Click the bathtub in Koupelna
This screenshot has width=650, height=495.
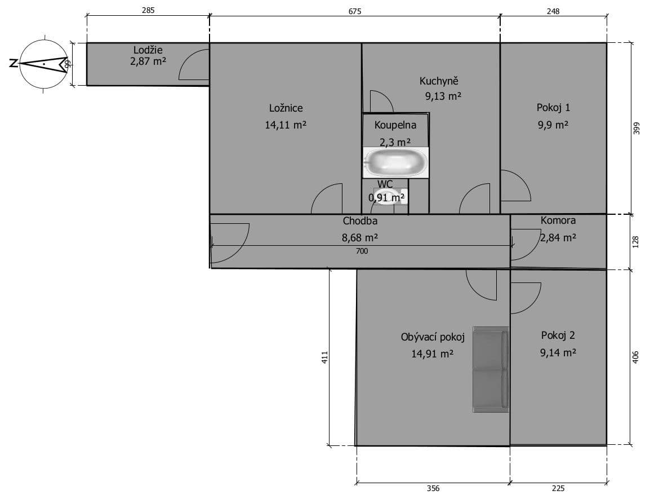click(x=395, y=162)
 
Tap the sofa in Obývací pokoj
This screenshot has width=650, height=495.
click(x=491, y=369)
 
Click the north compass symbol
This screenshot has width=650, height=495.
click(x=43, y=64)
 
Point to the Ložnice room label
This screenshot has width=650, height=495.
click(x=286, y=108)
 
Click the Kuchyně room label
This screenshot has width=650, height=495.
click(x=439, y=81)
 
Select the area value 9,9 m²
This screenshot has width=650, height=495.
click(x=553, y=125)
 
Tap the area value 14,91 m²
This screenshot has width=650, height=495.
click(x=432, y=354)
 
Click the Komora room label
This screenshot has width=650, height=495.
click(x=558, y=220)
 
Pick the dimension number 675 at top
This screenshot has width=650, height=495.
click(x=354, y=11)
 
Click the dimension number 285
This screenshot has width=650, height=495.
click(x=148, y=11)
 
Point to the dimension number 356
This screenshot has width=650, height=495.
click(x=433, y=489)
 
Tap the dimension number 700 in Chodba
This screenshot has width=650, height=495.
click(x=362, y=251)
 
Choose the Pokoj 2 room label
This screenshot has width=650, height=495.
click(x=558, y=335)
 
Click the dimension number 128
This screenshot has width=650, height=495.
click(x=635, y=242)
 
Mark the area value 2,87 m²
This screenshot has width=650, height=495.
click(x=148, y=61)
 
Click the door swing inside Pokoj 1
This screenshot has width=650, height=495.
click(x=514, y=186)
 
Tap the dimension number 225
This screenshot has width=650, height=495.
click(x=558, y=489)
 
